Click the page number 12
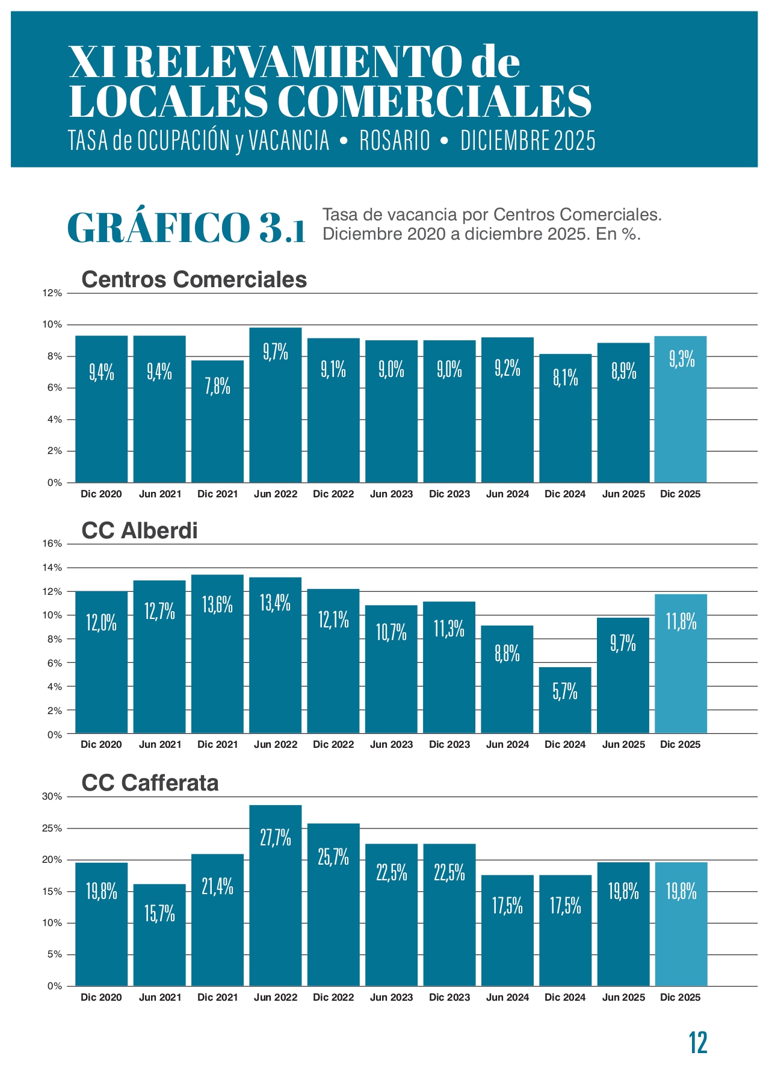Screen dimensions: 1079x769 pyautogui.click(x=698, y=1042)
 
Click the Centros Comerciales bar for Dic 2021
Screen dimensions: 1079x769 pyautogui.click(x=218, y=421)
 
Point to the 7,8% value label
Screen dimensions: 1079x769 pyautogui.click(x=218, y=385)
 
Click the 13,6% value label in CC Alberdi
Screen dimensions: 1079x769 pyautogui.click(x=217, y=604)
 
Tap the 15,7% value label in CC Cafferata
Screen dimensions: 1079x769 pyautogui.click(x=159, y=913)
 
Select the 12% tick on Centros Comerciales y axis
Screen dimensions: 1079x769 pyautogui.click(x=52, y=293)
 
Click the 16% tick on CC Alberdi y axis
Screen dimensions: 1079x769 pyautogui.click(x=52, y=544)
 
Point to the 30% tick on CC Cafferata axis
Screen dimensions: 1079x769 pyautogui.click(x=52, y=797)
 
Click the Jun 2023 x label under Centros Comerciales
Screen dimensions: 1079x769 pyautogui.click(x=391, y=494)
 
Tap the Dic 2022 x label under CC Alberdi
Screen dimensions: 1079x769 pyautogui.click(x=333, y=745)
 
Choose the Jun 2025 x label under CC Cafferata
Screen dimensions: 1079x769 pyautogui.click(x=623, y=998)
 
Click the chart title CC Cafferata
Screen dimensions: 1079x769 pyautogui.click(x=150, y=783)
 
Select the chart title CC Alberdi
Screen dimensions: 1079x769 pyautogui.click(x=139, y=530)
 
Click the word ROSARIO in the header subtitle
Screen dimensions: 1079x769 pyautogui.click(x=395, y=141)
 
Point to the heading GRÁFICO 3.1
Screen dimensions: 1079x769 pyautogui.click(x=187, y=228)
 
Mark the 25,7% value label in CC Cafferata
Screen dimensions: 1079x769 pyautogui.click(x=333, y=856)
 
